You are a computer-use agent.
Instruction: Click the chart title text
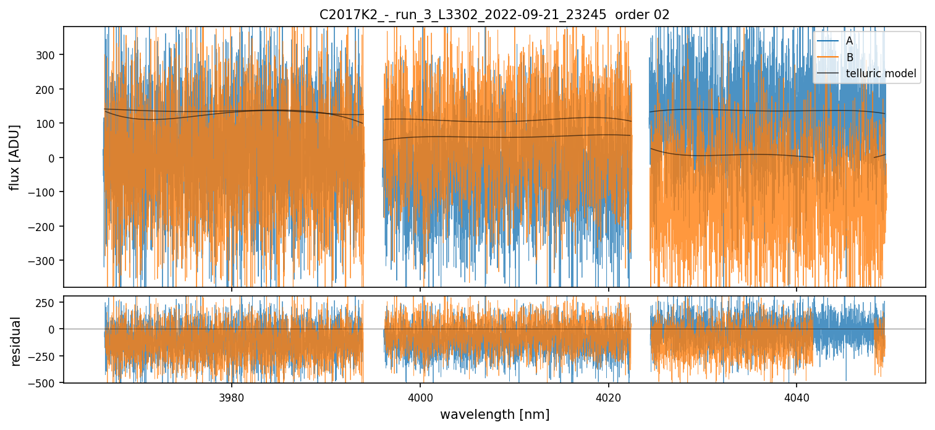pos(494,15)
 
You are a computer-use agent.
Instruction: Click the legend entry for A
pos(849,41)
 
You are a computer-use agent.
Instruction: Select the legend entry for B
pos(849,57)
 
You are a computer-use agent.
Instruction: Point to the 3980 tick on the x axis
pos(232,395)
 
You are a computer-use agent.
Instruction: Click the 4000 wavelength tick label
pos(420,395)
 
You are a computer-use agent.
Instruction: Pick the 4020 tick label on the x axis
pos(608,395)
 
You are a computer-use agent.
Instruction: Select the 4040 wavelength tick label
pos(796,395)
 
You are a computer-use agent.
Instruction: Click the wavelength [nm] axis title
pos(494,414)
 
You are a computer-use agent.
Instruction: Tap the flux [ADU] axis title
pos(15,157)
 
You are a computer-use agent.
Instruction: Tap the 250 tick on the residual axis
pos(48,303)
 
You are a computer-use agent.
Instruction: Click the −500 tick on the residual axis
pos(45,382)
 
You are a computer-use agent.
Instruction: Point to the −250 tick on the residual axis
pos(45,356)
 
